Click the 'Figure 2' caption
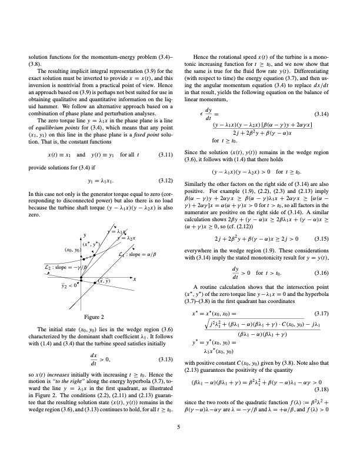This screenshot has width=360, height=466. tap(95, 317)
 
